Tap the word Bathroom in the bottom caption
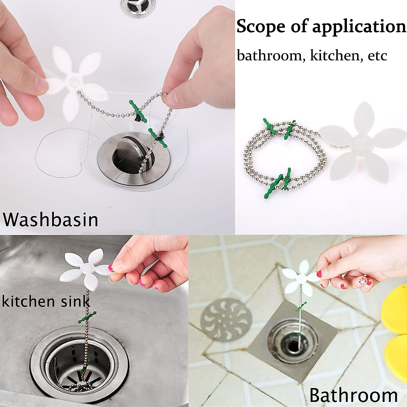(x=353, y=395)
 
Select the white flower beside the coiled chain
(x=361, y=142)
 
